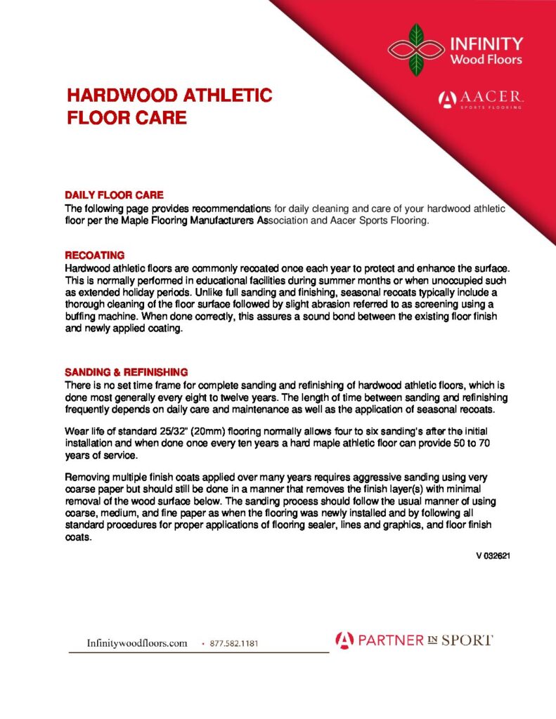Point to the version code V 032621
[492, 556]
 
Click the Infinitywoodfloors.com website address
[136, 642]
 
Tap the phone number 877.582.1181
[238, 643]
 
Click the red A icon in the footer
[343, 640]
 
